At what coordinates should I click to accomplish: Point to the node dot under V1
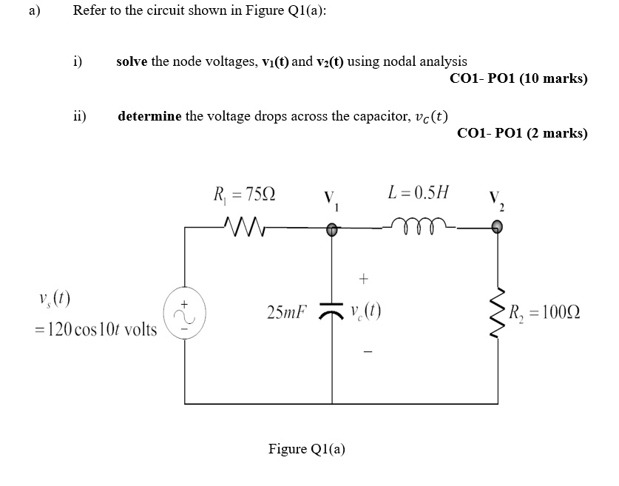pyautogui.click(x=332, y=230)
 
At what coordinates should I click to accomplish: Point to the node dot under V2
pyautogui.click(x=496, y=229)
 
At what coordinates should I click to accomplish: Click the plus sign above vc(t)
pyautogui.click(x=363, y=279)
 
